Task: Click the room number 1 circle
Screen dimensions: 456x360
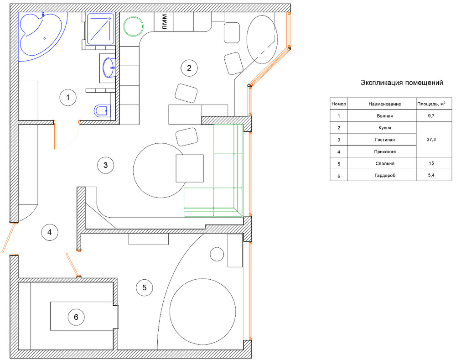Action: (x=68, y=98)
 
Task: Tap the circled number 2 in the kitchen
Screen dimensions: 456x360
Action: (x=189, y=68)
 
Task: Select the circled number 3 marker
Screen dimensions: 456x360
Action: (x=106, y=165)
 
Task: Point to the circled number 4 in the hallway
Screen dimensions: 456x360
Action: (x=50, y=232)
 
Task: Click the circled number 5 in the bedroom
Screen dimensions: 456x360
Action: (x=145, y=287)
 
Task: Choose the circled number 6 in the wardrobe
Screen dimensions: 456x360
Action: (x=76, y=317)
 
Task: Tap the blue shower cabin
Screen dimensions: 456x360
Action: (x=101, y=29)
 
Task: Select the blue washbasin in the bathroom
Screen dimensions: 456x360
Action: (x=109, y=68)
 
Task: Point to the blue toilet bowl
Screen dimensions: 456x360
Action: (x=102, y=110)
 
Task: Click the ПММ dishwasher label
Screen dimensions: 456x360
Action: (x=164, y=22)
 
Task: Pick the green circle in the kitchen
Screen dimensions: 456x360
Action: (x=134, y=26)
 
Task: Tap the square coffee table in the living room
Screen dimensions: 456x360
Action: (x=190, y=168)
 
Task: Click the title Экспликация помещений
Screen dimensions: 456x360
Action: (x=402, y=83)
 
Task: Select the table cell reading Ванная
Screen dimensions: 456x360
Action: (x=385, y=116)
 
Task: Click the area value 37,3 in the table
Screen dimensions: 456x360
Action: (x=431, y=140)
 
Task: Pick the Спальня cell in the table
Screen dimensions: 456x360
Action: (x=385, y=163)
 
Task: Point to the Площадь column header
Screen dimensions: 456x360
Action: (x=431, y=104)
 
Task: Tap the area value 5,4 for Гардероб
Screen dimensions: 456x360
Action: (x=431, y=175)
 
